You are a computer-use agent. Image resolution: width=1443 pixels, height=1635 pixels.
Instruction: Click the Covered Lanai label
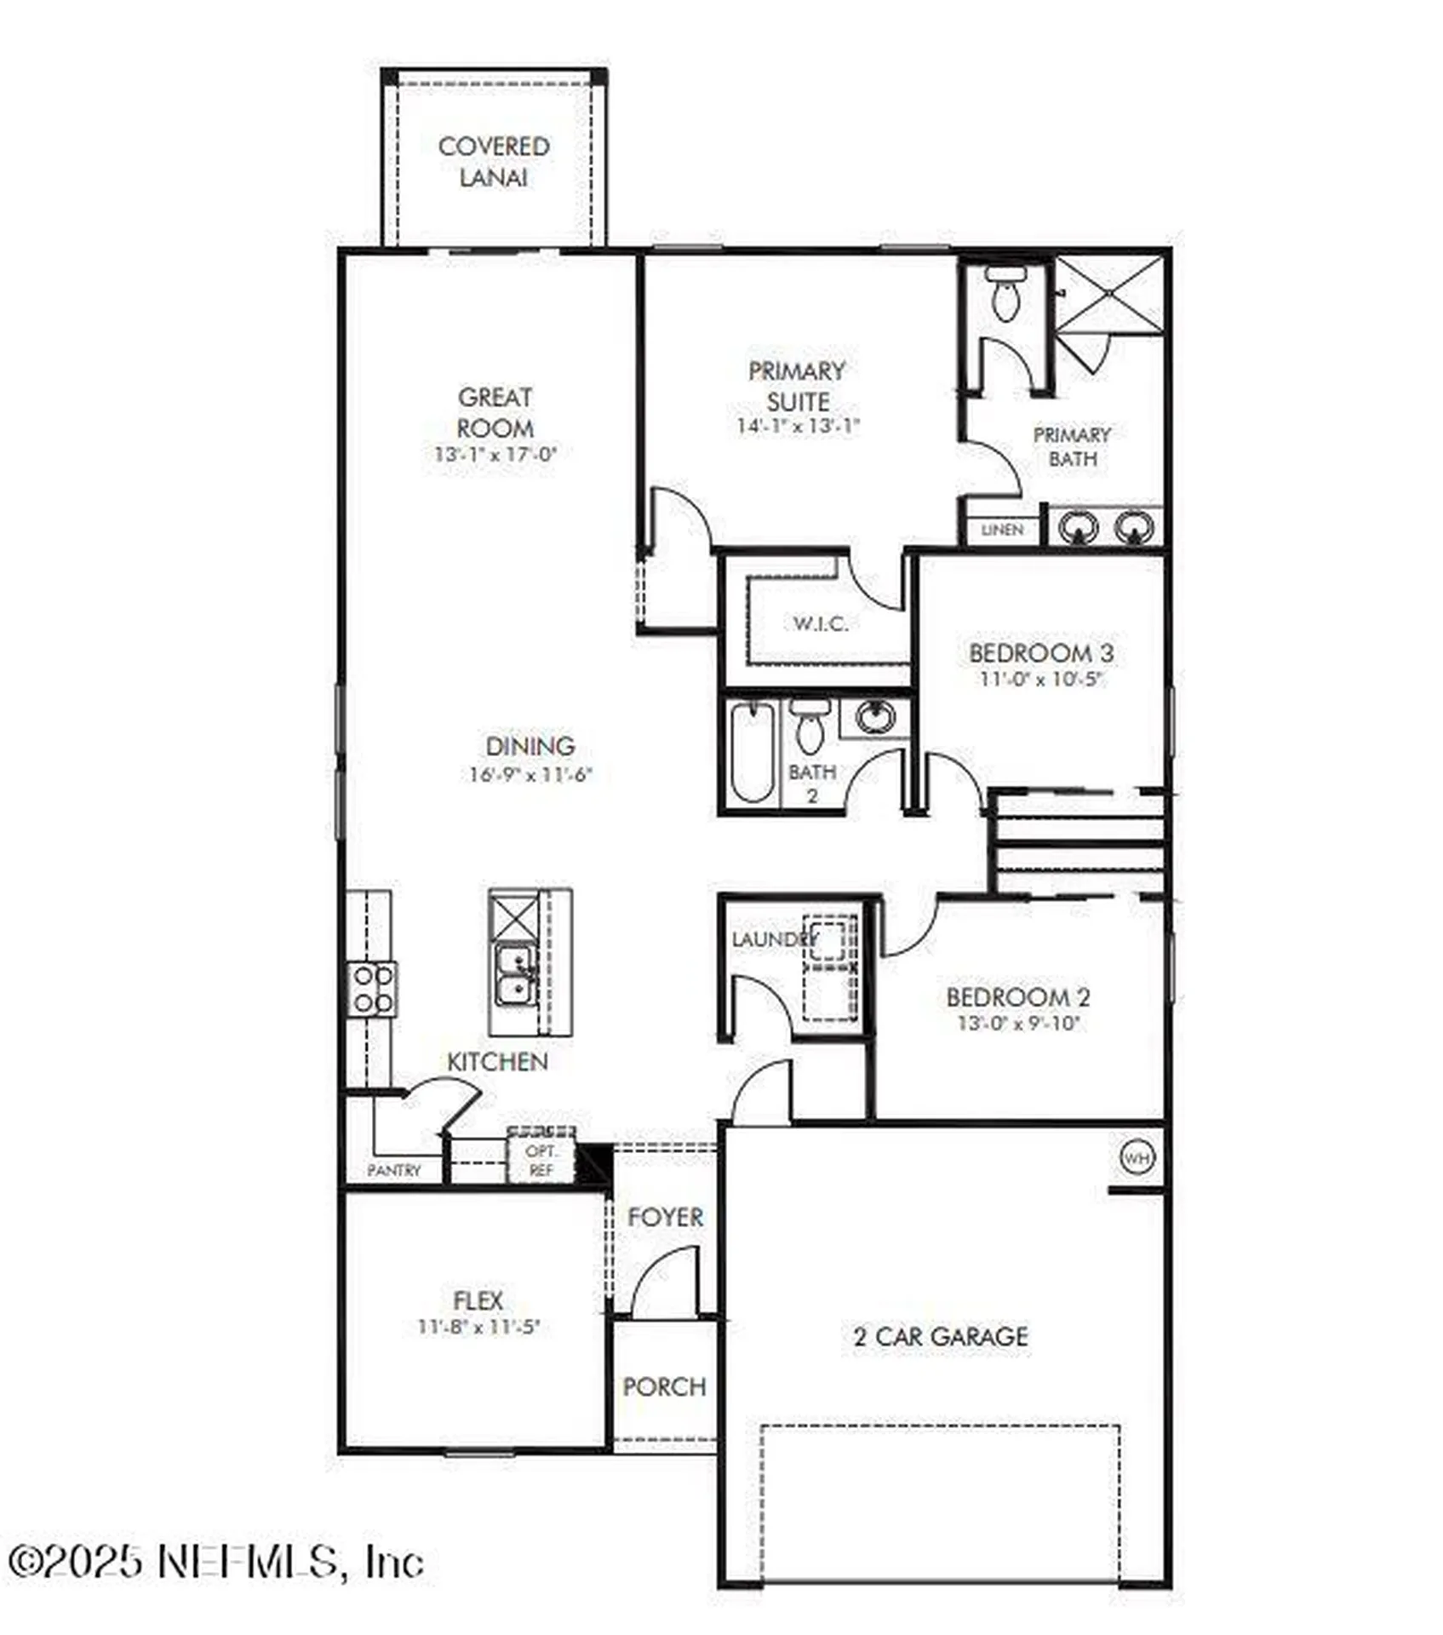(493, 162)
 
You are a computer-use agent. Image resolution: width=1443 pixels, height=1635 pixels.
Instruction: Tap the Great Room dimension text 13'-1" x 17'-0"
(495, 454)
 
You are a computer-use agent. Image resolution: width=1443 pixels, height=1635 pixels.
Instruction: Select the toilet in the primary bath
(1006, 293)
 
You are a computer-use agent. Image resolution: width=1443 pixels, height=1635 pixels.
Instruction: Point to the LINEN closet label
(1002, 530)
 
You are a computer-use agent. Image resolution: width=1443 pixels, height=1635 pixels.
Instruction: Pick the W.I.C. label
(820, 623)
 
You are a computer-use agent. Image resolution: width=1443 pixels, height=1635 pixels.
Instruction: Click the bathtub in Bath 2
(752, 752)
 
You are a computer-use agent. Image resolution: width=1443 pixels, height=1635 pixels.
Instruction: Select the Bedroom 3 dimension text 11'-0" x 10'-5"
(1041, 680)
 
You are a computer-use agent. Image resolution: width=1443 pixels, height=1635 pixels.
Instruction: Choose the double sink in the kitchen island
(513, 976)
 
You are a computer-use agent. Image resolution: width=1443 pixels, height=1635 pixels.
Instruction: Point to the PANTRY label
(394, 1170)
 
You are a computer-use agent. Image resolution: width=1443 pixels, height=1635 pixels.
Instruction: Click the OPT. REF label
(541, 1160)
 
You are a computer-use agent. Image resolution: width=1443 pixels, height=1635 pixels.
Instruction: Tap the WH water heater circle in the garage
(1137, 1157)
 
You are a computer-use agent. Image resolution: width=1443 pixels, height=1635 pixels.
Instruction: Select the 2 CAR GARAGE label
(941, 1336)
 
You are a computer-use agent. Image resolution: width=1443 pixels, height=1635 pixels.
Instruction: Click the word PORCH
(664, 1386)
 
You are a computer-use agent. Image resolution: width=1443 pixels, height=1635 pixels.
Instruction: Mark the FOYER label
(665, 1217)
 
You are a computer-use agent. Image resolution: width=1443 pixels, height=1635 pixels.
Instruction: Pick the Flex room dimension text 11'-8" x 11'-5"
(478, 1327)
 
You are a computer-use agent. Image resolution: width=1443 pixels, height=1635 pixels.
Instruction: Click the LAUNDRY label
(773, 939)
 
